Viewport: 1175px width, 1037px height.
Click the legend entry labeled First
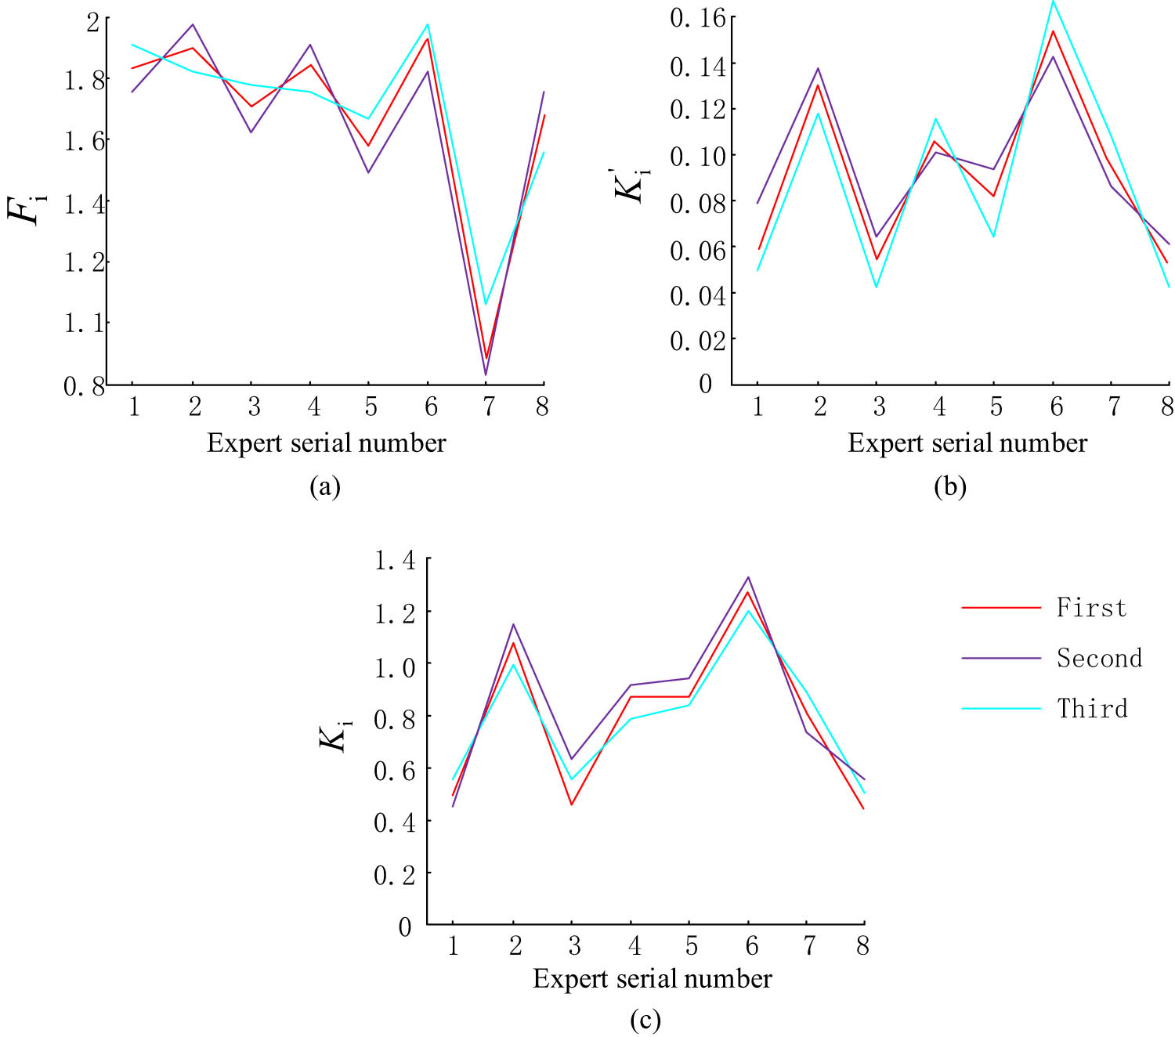1090,608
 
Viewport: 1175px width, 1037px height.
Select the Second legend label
1099,658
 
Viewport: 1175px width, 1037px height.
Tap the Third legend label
1093,708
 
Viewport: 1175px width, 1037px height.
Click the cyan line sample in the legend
1001,708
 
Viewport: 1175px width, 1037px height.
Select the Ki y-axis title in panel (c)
335,736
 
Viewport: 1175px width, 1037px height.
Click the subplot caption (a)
325,486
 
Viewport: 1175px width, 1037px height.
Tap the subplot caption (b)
950,486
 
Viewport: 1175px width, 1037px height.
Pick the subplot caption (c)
645,1019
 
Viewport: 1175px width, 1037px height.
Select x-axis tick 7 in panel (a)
487,406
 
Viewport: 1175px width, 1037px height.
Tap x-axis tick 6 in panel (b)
1056,406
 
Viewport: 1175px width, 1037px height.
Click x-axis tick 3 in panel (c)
573,946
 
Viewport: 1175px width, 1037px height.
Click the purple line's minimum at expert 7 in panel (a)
486,374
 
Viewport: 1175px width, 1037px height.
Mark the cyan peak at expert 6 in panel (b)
1054,2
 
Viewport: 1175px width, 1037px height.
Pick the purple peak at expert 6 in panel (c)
748,577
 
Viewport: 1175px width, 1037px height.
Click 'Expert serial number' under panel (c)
652,979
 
